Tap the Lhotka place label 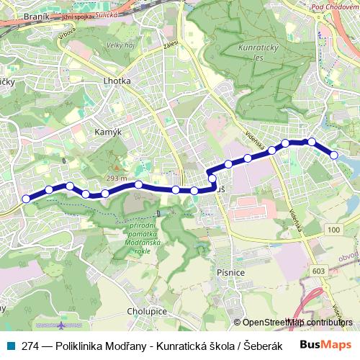coord(117,81)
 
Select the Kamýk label coord(107,132)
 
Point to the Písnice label coord(230,273)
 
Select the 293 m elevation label coord(117,178)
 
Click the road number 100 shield coord(332,229)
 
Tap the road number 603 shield coord(319,270)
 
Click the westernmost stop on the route coord(27,199)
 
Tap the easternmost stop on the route coord(334,155)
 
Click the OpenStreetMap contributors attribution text coord(296,323)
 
